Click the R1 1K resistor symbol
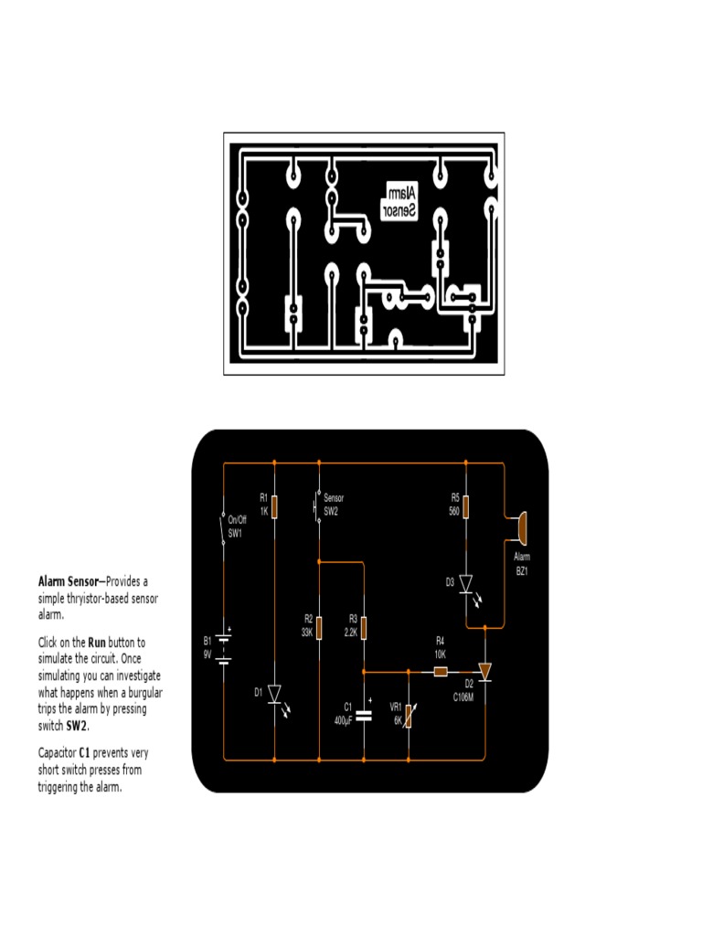[275, 505]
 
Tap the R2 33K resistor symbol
[319, 629]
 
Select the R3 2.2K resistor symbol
[364, 629]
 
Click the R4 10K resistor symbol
[441, 672]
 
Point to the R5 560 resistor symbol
[465, 505]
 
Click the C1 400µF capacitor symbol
[364, 715]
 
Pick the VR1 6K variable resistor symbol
[409, 715]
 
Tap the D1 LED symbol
[275, 695]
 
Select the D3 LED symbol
[465, 583]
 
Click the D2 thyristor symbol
[484, 672]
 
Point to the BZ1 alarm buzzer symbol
[520, 527]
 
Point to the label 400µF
[344, 721]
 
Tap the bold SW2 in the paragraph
[77, 726]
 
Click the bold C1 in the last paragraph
[85, 752]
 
